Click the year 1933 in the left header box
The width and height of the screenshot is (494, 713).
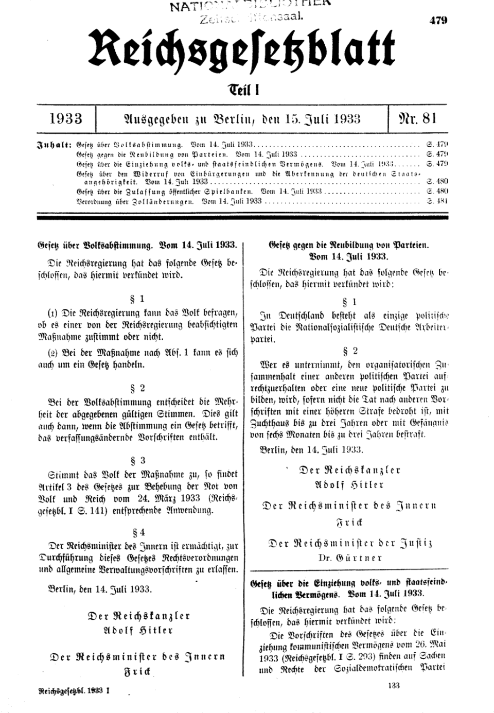(66, 118)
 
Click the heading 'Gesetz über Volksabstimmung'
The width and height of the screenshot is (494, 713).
(137, 245)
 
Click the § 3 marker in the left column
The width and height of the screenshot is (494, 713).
(139, 460)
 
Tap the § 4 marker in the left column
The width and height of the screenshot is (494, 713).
(139, 532)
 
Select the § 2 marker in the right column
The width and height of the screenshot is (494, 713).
(350, 352)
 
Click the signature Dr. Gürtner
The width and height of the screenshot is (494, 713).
(350, 558)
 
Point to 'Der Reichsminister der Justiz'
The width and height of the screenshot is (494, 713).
(350, 543)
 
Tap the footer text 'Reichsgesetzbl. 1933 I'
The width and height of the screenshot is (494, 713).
(74, 692)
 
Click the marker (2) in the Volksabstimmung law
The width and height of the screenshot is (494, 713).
(52, 354)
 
